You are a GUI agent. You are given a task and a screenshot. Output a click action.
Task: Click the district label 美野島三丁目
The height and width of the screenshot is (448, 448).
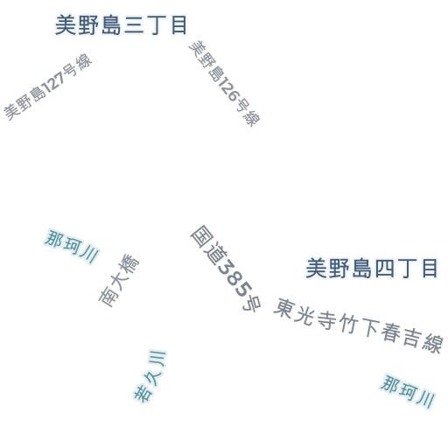[121, 25]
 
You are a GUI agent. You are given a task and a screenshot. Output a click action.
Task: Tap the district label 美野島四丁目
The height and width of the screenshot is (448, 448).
[372, 268]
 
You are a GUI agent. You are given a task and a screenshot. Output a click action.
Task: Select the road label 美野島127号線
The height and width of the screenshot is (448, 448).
[48, 87]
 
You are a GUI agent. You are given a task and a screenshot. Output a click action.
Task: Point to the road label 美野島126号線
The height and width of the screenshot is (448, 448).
[225, 84]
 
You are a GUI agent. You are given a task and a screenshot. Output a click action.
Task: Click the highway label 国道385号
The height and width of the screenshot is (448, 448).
[226, 269]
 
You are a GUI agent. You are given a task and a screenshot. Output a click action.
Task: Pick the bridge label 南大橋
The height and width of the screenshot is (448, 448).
[119, 281]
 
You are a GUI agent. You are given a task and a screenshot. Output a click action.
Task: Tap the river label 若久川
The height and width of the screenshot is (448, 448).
[150, 376]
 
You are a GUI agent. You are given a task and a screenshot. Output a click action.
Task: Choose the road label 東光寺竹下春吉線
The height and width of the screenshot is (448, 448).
[358, 325]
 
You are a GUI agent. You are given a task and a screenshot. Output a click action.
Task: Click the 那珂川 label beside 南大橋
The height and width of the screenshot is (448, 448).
[72, 247]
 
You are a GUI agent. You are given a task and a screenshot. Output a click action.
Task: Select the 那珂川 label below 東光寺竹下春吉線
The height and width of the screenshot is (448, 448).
[408, 392]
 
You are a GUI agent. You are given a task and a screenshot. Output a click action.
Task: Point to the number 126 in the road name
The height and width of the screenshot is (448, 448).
[229, 90]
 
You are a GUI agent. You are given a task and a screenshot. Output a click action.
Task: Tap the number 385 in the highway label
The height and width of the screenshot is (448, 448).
[235, 277]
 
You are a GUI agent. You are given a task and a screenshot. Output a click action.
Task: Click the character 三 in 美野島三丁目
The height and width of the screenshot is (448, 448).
[134, 25]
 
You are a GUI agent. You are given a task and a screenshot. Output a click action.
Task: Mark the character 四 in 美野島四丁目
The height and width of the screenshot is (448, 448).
[384, 269]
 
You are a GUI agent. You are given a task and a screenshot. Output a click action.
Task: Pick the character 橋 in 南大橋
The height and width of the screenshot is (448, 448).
[129, 264]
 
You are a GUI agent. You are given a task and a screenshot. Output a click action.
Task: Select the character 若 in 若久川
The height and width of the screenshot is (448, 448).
[143, 394]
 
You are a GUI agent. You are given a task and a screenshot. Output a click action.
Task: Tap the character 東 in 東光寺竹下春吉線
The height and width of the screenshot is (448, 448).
[284, 308]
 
